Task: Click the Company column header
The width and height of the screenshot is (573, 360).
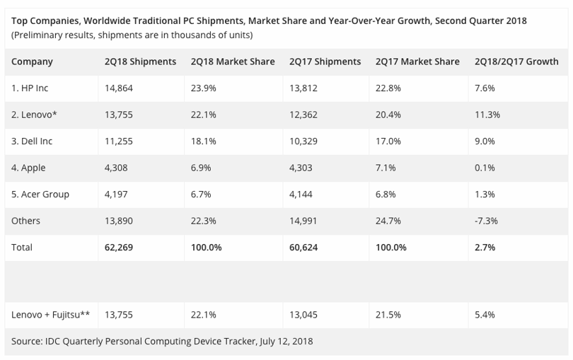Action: coord(32,62)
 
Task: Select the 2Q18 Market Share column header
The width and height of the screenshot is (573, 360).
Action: coord(233,62)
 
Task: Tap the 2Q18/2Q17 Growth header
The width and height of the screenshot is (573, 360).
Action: coord(516,62)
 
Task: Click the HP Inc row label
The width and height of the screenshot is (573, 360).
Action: coord(30,88)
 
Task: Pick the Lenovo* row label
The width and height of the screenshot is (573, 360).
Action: coord(34,115)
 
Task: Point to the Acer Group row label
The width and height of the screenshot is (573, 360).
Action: coord(40,194)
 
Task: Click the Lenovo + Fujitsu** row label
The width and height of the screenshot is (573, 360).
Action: coord(50,315)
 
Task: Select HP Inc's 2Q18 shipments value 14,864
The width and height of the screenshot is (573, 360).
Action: coord(119,88)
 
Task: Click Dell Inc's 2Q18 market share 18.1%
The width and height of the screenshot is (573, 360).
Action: coord(204,141)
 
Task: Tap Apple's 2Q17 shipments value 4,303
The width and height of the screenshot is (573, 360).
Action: coord(301,168)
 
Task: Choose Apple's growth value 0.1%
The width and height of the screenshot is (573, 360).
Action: coord(485,168)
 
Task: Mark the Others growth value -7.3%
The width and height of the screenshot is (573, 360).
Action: coord(486,221)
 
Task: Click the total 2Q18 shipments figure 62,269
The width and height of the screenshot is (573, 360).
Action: coord(119,248)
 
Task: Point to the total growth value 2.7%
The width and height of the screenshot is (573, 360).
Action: coord(485,248)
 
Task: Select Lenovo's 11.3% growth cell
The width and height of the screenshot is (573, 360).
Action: coord(487,115)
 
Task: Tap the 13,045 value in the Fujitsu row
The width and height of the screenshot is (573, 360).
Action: coord(303,315)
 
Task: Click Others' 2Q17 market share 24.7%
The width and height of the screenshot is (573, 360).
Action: coord(388,221)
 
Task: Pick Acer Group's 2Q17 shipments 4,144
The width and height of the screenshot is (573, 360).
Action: coord(301,194)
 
